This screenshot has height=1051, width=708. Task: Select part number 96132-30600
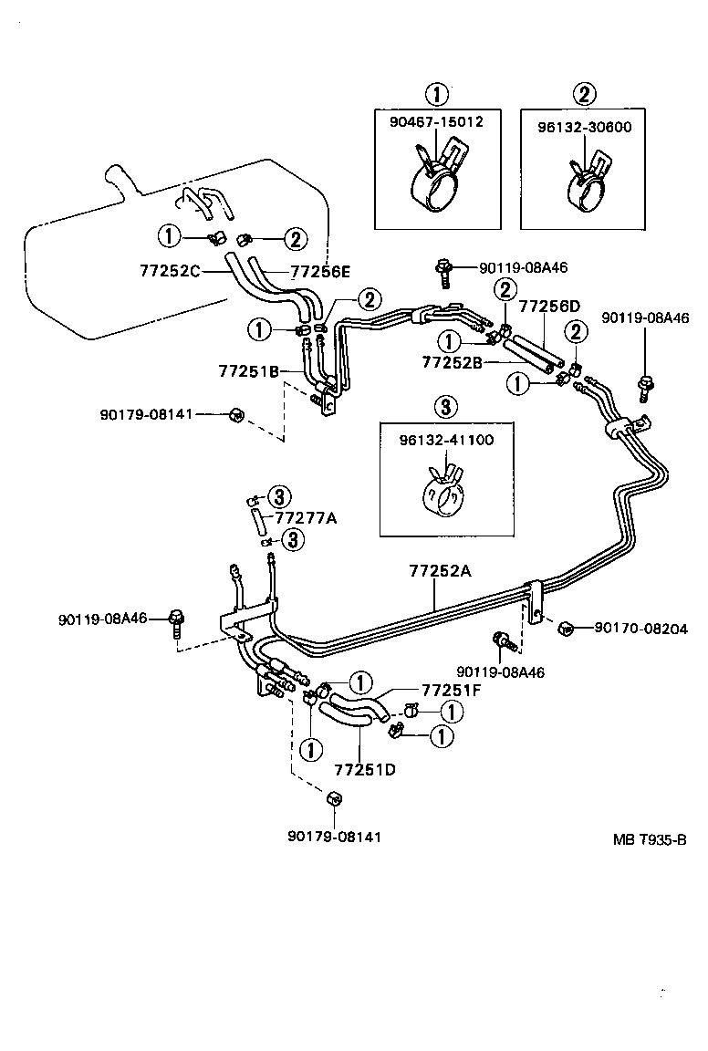click(585, 127)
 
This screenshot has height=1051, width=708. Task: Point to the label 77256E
click(318, 271)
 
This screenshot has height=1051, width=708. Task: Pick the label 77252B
click(451, 362)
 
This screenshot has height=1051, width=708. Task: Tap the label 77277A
click(307, 518)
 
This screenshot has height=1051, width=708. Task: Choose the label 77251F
click(451, 690)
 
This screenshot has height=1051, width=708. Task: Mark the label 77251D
click(364, 768)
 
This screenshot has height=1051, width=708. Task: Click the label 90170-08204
click(640, 628)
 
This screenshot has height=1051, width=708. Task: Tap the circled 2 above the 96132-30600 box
click(585, 93)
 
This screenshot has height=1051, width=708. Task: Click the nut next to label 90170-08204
click(566, 627)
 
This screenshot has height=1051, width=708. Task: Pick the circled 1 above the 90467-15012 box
click(438, 93)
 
